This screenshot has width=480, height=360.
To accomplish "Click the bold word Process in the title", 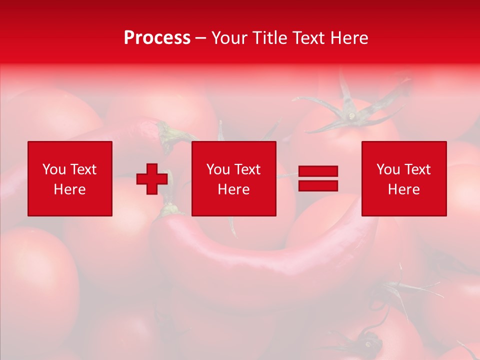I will pos(157,38).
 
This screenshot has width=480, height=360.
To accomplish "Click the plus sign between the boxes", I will pos(152,179).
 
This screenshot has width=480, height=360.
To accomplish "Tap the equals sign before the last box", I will pos(318,178).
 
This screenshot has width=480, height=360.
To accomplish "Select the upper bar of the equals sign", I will pos(318,171).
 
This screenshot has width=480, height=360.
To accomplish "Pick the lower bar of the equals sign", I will pos(318,185).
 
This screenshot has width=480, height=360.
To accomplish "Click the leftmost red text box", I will pos(70,178).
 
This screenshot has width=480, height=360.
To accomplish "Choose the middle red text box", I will pos(233,178).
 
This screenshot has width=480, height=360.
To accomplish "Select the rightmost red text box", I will pos(403,178).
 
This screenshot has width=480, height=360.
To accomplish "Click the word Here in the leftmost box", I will pos(70,189).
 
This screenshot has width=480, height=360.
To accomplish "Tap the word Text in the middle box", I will pos(247,169).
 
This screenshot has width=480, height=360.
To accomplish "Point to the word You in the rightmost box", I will pos(387,169).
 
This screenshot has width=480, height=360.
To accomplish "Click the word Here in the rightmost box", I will pos(403,189).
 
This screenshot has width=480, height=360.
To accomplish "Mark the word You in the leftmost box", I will pos(54,169).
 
